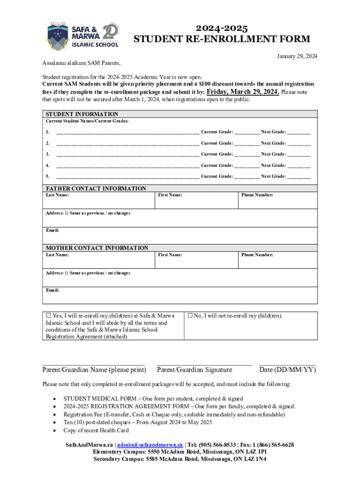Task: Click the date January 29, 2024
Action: pyautogui.click(x=297, y=56)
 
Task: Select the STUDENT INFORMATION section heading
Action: pyautogui.click(x=82, y=114)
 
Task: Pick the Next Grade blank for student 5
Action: pyautogui.click(x=298, y=176)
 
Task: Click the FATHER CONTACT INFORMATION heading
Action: pyautogui.click(x=96, y=189)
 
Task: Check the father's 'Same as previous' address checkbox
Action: pyautogui.click(x=66, y=213)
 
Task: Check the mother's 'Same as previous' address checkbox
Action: pyautogui.click(x=66, y=273)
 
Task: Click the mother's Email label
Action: pyautogui.click(x=52, y=290)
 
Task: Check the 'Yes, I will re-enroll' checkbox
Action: pyautogui.click(x=48, y=316)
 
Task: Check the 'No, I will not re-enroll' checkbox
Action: pyautogui.click(x=190, y=316)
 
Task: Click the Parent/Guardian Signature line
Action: pyautogui.click(x=204, y=363)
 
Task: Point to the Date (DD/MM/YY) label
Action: pyautogui.click(x=287, y=370)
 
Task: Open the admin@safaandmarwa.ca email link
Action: pyautogui.click(x=150, y=445)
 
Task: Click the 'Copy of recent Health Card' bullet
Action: pyautogui.click(x=96, y=430)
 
